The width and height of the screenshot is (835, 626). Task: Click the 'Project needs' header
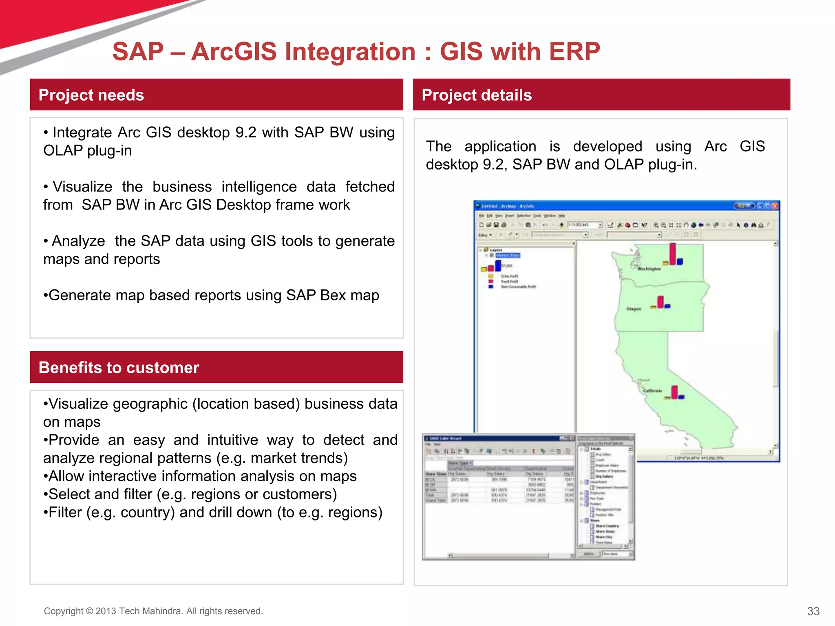coord(91,95)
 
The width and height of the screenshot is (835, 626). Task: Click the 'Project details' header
coord(476,95)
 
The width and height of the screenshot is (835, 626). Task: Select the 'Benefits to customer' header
coord(119,368)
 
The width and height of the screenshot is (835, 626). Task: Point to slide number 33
coord(813,611)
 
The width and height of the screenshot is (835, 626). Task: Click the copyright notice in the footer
coord(153,611)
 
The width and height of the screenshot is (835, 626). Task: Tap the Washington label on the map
coord(649,269)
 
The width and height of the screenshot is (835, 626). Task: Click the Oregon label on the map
coord(634,309)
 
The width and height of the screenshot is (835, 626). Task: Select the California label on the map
coord(652,390)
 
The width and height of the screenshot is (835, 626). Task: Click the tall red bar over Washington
coord(672,253)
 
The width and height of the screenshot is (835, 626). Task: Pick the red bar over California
coord(674,392)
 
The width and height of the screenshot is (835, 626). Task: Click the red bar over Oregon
coord(660,302)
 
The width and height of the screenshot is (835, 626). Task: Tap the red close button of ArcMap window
coord(775,206)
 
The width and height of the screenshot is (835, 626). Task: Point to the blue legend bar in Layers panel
coord(498,266)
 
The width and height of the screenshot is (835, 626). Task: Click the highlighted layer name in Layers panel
coord(508,256)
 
